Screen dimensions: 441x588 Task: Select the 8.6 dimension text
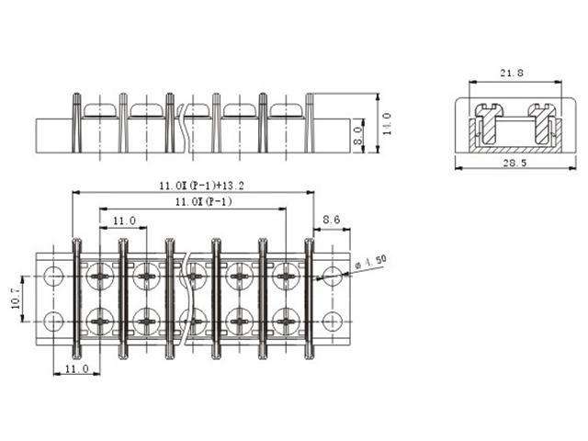(x=332, y=220)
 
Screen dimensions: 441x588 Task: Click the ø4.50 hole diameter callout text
(x=372, y=265)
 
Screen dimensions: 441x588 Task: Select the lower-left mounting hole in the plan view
(x=54, y=321)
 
